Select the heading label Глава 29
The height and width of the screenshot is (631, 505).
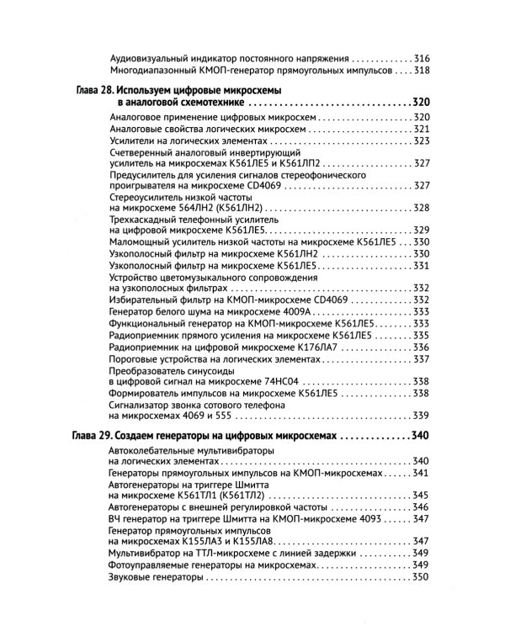(88, 437)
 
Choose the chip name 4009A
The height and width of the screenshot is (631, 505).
(290, 311)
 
